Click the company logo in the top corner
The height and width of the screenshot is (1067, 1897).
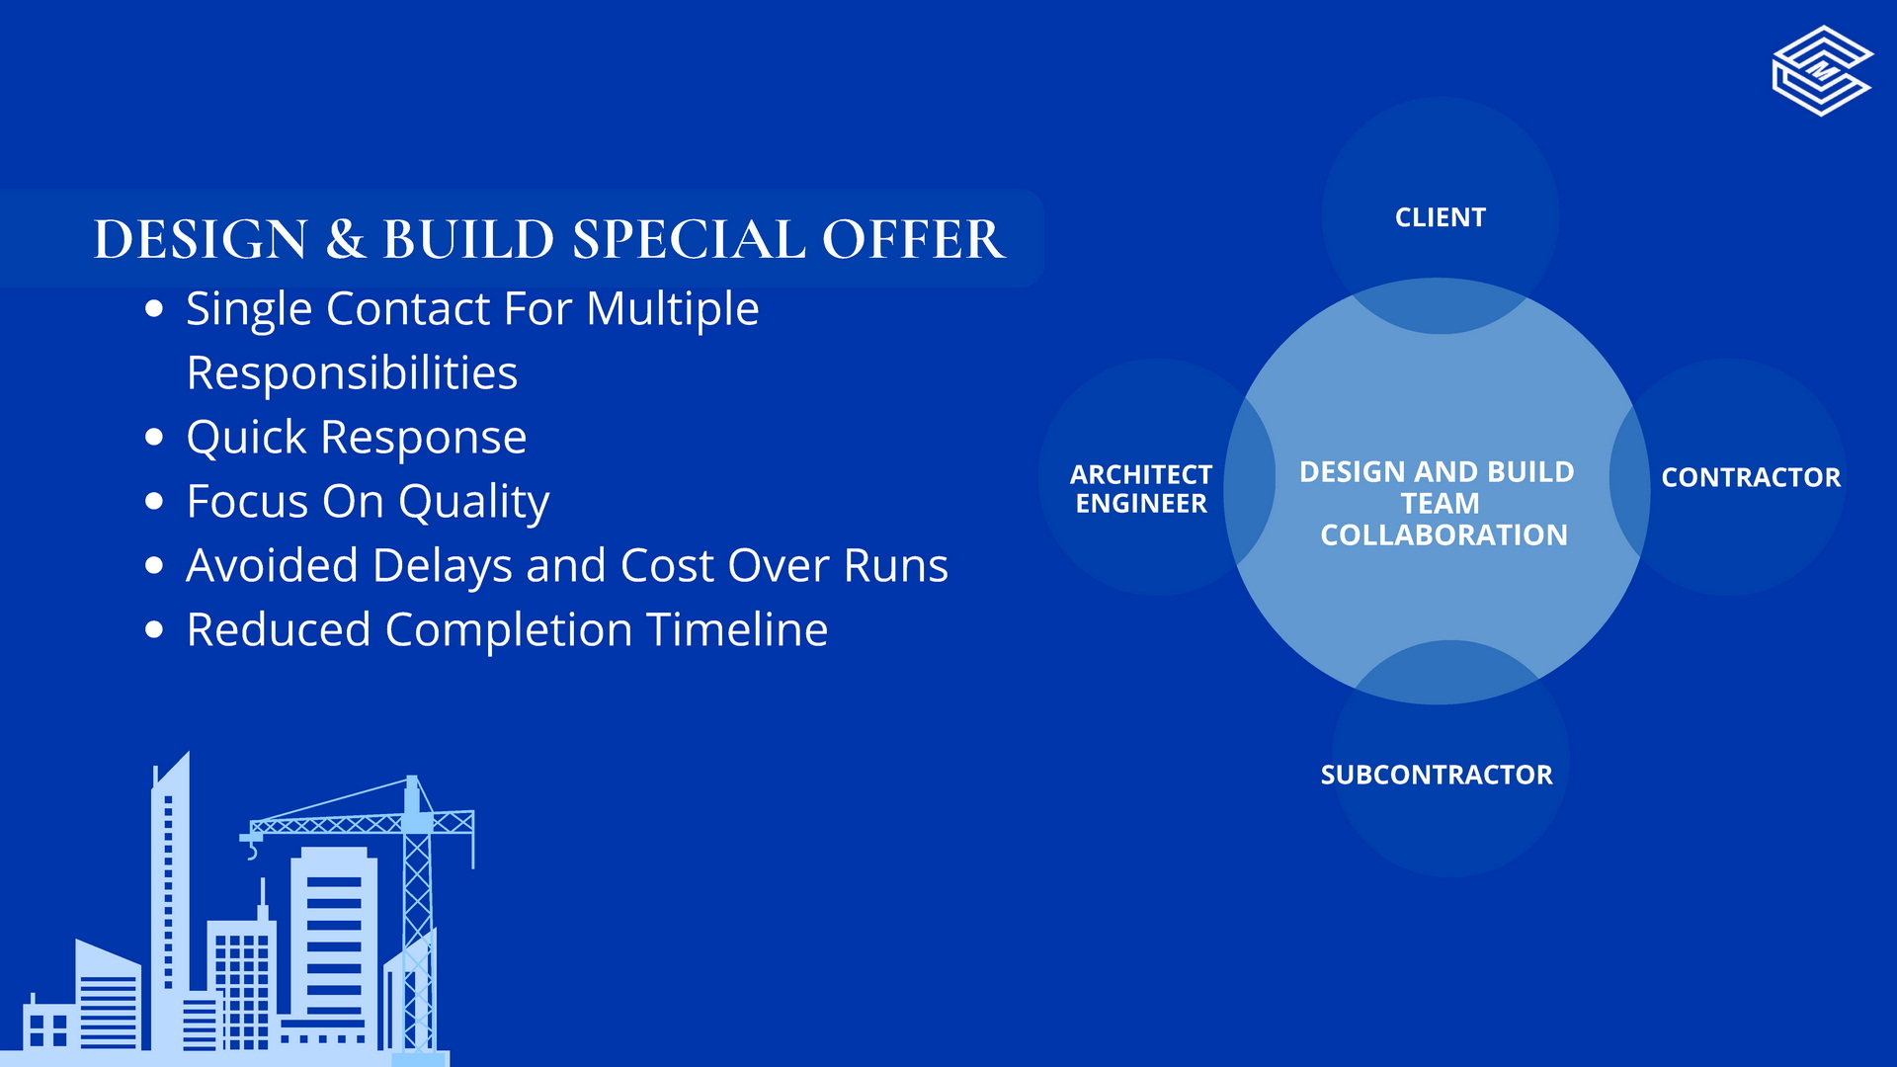click(1822, 71)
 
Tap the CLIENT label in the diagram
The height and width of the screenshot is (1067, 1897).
click(1440, 217)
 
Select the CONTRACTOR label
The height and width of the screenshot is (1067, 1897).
click(1751, 477)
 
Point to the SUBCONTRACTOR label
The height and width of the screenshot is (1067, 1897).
click(1437, 775)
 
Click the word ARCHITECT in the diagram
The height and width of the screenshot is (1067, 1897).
click(1141, 475)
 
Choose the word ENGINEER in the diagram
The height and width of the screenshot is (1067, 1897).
click(1141, 504)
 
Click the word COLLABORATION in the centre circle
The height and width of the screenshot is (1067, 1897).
click(1443, 535)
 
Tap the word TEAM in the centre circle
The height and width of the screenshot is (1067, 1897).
click(1441, 504)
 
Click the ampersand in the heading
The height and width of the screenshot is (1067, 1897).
click(345, 239)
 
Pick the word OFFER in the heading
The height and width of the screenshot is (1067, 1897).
click(914, 239)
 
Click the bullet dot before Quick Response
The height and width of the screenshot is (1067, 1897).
click(153, 437)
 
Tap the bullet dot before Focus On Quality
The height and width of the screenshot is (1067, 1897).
click(153, 501)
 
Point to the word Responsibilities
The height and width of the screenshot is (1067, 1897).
click(352, 373)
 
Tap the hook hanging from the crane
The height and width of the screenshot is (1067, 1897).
click(252, 849)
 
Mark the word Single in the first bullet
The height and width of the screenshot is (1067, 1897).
click(249, 310)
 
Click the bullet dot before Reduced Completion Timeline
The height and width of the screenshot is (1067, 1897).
click(153, 629)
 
